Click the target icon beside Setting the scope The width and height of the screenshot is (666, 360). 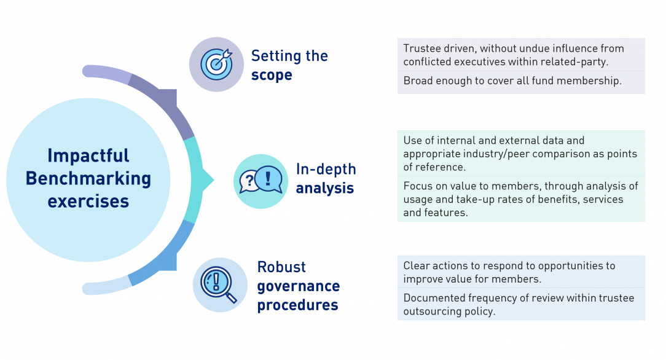(x=217, y=65)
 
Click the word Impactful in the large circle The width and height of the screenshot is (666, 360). (x=88, y=155)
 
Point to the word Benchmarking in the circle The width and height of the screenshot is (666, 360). (x=88, y=178)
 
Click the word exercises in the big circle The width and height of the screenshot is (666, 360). (x=88, y=201)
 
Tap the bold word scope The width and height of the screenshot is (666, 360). (x=272, y=75)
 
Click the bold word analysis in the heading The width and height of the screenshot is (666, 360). (x=325, y=188)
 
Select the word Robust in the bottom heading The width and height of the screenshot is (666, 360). (x=281, y=267)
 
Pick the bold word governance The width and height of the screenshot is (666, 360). (x=298, y=286)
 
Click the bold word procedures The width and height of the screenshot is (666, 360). (x=297, y=305)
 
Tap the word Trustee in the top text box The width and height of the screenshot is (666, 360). (x=422, y=49)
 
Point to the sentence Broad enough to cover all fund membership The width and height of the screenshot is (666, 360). (x=512, y=81)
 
